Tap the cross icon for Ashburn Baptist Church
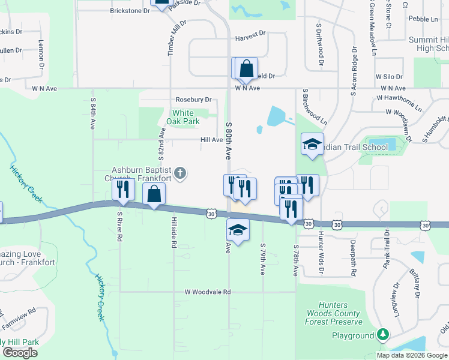tap(181, 175)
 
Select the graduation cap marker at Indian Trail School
tap(312, 145)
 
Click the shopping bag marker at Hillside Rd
tap(154, 194)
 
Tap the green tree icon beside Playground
tap(382, 335)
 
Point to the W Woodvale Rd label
tap(207, 292)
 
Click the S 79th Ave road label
tap(263, 259)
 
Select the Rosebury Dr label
tap(193, 100)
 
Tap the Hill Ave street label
tap(211, 140)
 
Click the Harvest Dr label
tap(250, 35)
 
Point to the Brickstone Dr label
tap(130, 11)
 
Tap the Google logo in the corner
tap(20, 352)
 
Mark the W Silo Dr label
tap(388, 77)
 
